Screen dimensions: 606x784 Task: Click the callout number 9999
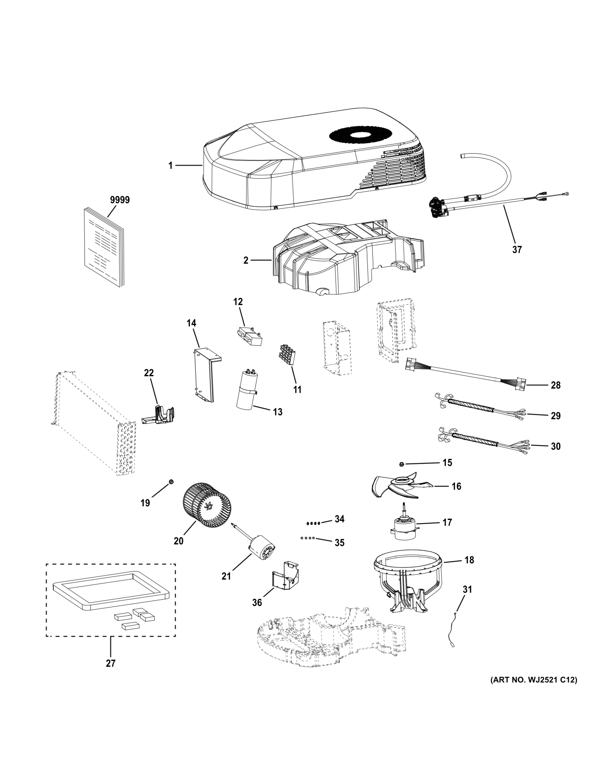pos(120,200)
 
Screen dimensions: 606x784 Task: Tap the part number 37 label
pos(517,249)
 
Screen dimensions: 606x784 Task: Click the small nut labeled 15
pos(401,464)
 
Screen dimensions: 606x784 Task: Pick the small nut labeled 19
pos(171,482)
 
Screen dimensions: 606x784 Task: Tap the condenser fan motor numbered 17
pos(405,523)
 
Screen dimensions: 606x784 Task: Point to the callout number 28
pos(555,385)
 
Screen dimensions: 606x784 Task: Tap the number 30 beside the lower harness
pos(555,446)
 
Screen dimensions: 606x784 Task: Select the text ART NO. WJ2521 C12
pos(533,693)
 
